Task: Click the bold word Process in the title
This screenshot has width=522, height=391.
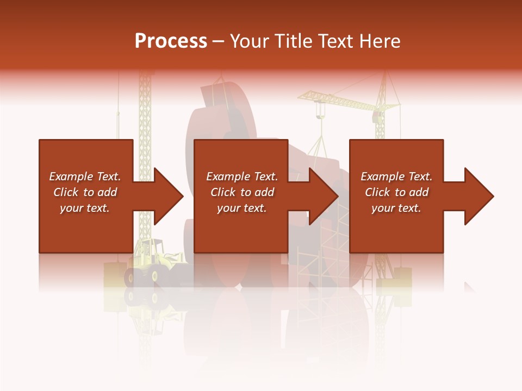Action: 171,41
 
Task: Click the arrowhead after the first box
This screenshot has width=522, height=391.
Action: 168,196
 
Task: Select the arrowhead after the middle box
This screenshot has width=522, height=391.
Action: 324,196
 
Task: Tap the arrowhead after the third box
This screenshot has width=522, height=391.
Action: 478,196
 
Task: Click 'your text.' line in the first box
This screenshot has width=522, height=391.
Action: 85,208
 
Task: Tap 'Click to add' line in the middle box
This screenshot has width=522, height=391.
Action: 242,192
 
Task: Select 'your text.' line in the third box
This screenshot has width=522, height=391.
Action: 396,208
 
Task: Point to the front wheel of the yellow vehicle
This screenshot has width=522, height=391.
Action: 134,278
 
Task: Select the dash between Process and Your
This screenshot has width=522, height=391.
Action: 219,41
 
